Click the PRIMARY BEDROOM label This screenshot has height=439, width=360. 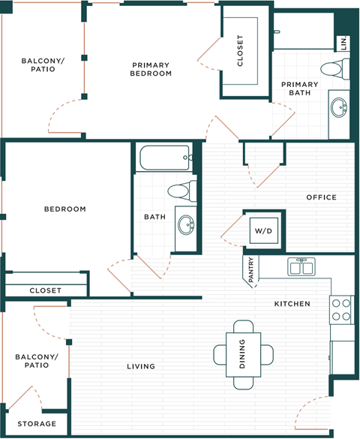[x=151, y=69]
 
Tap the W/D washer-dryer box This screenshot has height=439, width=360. [x=262, y=230]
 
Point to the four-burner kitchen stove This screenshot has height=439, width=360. [x=341, y=310]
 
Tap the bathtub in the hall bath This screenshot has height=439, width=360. [x=165, y=158]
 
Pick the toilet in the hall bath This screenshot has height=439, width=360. [x=182, y=190]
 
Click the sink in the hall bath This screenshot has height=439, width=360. [x=184, y=223]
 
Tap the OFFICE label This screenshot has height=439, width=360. [x=321, y=197]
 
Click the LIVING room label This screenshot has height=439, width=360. [x=141, y=366]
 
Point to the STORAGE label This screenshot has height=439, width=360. [x=37, y=424]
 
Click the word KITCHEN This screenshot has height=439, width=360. [x=292, y=303]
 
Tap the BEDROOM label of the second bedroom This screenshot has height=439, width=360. [x=64, y=209]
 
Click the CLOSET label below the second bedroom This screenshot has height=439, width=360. [x=46, y=290]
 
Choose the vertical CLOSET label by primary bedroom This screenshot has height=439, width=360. [x=240, y=51]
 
